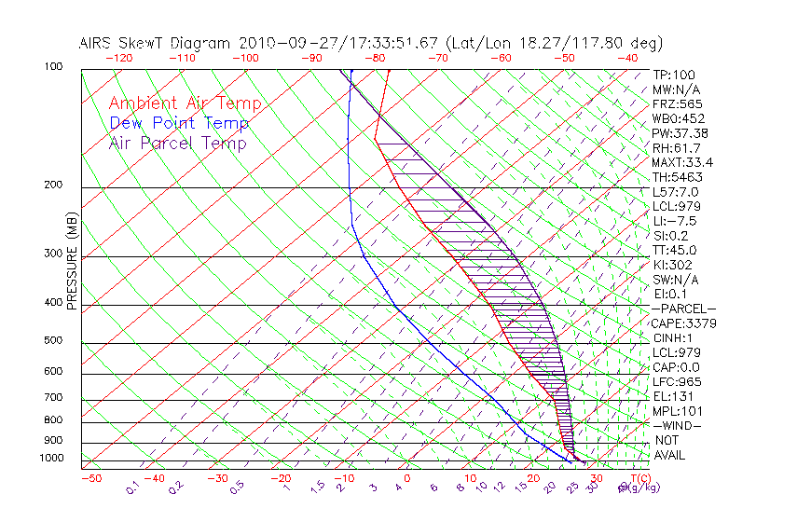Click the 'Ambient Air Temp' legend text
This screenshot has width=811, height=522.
(185, 103)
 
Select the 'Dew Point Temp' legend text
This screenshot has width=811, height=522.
(179, 123)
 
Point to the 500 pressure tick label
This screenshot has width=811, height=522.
(53, 341)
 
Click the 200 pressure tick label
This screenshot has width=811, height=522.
(53, 185)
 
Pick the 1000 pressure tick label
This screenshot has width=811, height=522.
(50, 459)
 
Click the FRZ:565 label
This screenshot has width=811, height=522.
(678, 103)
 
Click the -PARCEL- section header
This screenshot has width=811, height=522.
(683, 309)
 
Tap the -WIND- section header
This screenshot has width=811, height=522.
(678, 425)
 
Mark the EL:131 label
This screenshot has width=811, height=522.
(671, 396)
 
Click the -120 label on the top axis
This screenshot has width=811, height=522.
(119, 57)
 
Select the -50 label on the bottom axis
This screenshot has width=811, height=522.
(90, 478)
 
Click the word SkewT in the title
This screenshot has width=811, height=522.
(204, 43)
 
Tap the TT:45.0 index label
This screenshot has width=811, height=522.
(675, 250)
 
